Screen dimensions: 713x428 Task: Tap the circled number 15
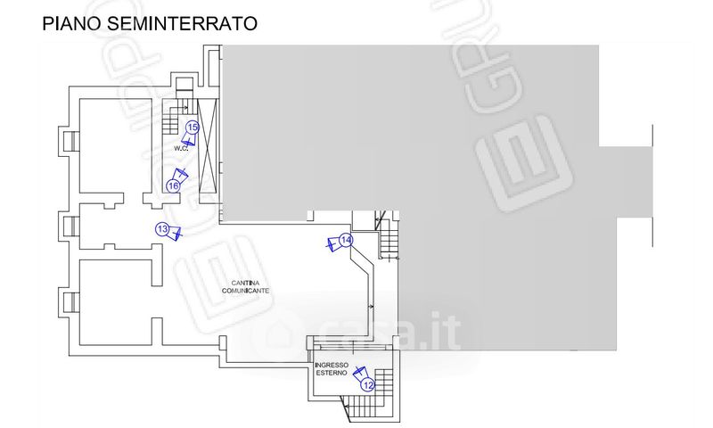(x=192, y=128)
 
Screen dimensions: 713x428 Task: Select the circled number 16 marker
(x=174, y=185)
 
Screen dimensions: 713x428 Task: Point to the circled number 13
(x=162, y=229)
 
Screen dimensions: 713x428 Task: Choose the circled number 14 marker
(x=347, y=241)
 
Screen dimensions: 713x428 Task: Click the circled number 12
(x=367, y=384)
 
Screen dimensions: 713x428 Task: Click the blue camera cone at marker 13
(x=176, y=233)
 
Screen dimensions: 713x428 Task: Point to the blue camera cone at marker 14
(x=332, y=243)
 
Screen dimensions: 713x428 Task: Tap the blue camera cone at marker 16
(x=182, y=174)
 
